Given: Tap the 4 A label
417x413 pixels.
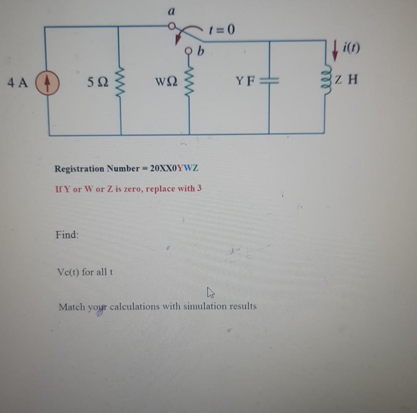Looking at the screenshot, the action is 18,83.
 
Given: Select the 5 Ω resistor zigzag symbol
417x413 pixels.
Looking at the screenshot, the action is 121,81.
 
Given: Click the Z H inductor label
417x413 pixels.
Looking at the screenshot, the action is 347,79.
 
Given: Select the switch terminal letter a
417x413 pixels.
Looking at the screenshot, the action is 171,13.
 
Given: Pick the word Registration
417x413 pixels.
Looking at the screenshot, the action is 79,169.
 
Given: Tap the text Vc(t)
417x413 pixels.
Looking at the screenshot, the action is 68,272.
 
